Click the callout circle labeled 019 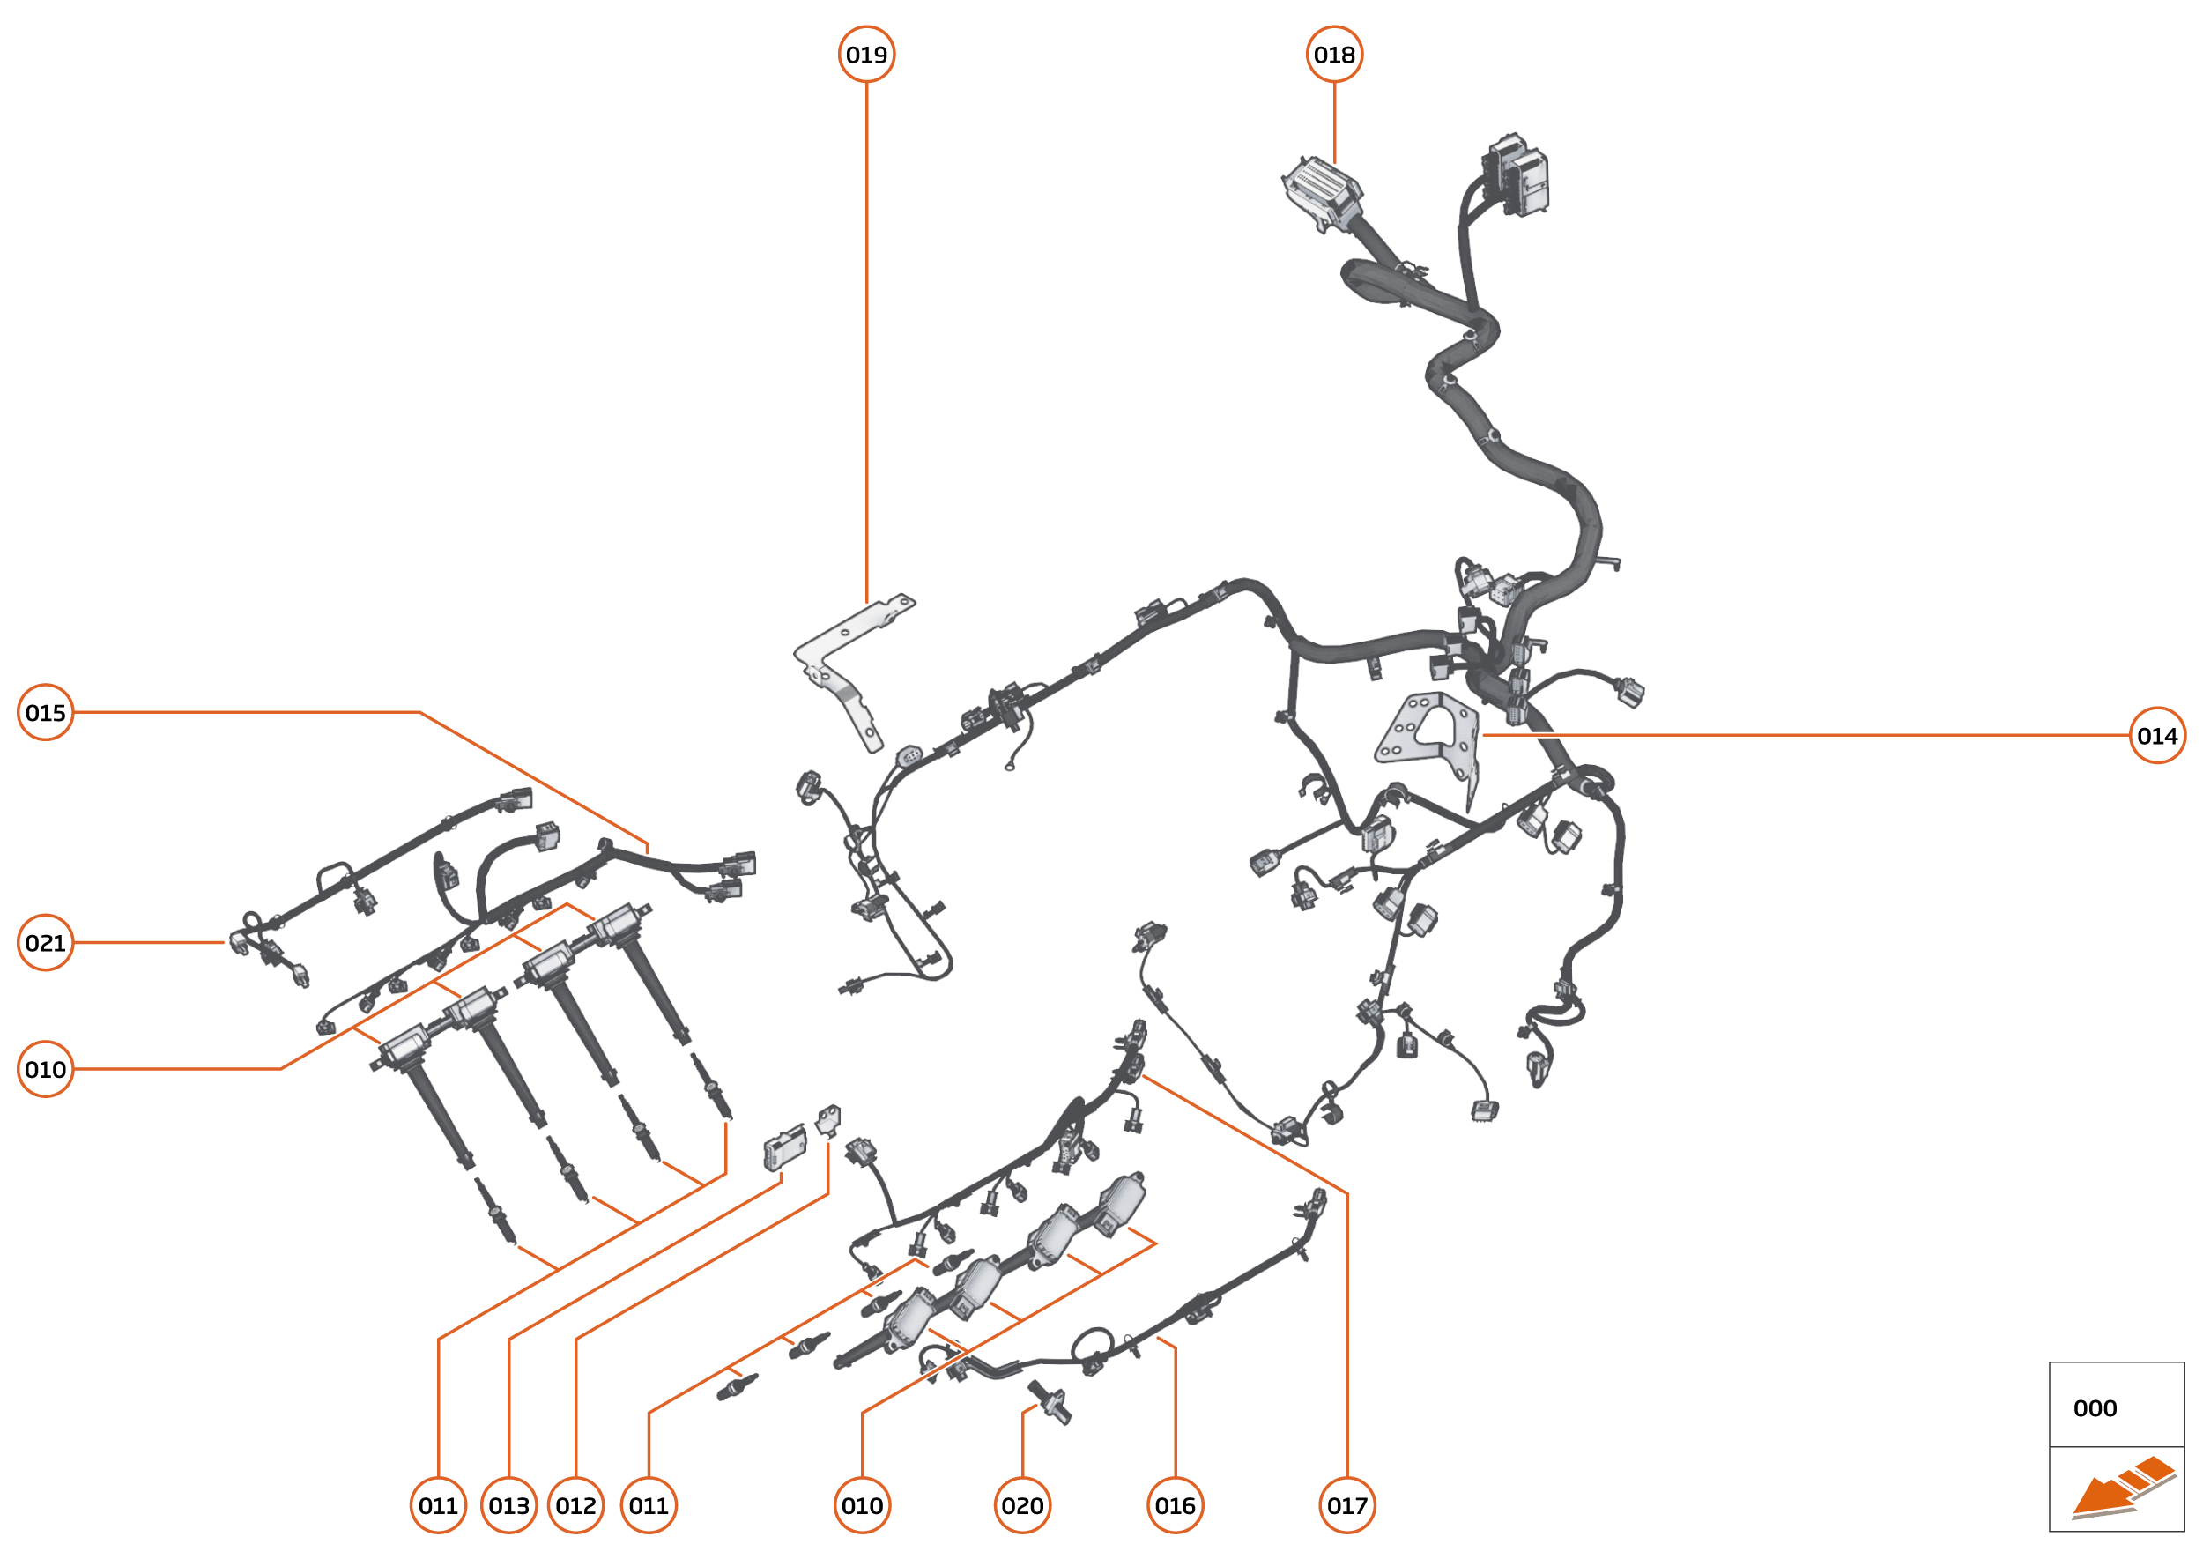point(866,55)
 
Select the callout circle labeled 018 point(1333,55)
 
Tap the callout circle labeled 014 point(2156,735)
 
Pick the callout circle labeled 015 point(45,712)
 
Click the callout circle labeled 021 point(45,943)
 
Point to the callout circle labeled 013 point(508,1505)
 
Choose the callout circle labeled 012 point(575,1505)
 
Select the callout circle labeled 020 point(1021,1505)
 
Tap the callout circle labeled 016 point(1174,1505)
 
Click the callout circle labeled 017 point(1346,1505)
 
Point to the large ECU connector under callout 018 point(1322,192)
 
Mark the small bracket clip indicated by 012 point(827,1118)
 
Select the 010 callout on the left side point(45,1069)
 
